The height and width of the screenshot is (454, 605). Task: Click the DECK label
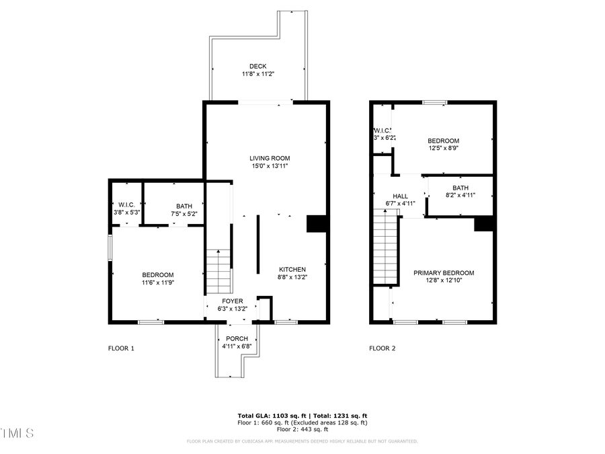tap(258, 66)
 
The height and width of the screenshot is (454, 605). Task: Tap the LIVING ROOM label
tap(271, 158)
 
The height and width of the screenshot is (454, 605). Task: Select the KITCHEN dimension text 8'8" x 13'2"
tap(292, 276)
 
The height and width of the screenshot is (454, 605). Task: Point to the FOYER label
tap(233, 301)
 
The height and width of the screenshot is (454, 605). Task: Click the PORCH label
tap(237, 338)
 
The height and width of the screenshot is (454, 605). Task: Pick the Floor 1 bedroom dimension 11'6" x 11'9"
tap(158, 282)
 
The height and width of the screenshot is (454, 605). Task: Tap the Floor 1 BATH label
tap(184, 206)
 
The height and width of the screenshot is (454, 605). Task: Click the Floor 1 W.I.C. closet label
tap(126, 204)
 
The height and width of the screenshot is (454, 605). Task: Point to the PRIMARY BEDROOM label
tap(444, 273)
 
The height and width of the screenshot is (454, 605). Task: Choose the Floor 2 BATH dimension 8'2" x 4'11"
tap(460, 195)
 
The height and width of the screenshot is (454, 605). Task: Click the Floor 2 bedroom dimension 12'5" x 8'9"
tap(444, 149)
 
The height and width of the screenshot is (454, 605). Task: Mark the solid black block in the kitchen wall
tap(316, 224)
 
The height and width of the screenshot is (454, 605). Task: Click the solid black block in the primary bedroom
tap(484, 224)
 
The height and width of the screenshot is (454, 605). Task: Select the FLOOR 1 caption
tap(122, 348)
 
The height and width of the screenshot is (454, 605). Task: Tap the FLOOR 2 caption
tap(382, 348)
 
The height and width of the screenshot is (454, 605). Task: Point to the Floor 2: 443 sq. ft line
tap(302, 429)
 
